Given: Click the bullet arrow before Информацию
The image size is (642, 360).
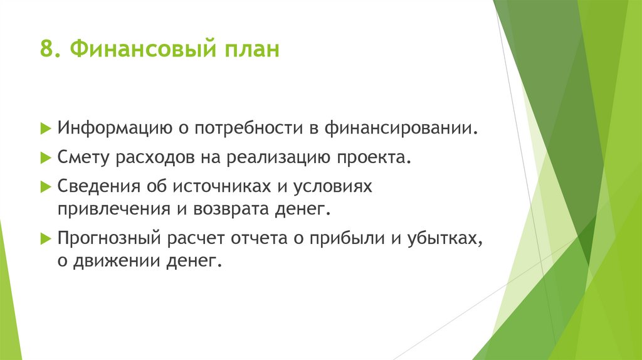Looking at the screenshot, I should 45,129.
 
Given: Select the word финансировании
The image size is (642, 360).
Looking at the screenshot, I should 401,129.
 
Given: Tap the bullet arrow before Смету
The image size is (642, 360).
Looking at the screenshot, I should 45,157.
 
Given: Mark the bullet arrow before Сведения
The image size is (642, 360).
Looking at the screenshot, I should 45,186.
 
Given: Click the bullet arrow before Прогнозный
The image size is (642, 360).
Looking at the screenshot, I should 45,238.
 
